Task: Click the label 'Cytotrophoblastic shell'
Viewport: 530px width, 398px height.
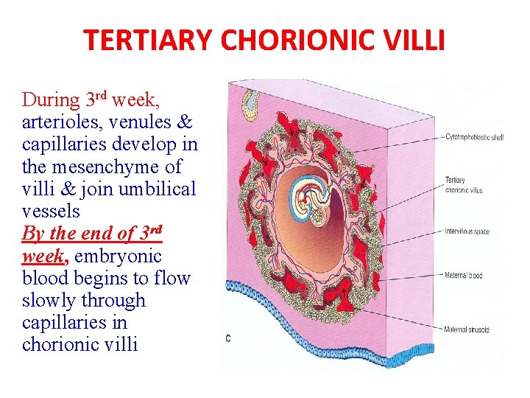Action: tap(476, 136)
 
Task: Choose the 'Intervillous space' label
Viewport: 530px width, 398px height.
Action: tap(467, 231)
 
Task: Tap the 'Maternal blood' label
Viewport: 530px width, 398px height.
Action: tap(463, 276)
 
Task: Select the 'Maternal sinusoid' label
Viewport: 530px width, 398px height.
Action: tap(467, 329)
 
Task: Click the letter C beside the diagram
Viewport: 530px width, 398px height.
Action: tap(227, 338)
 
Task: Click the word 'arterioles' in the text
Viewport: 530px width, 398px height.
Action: tap(55, 122)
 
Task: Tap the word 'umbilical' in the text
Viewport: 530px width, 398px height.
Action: tap(163, 189)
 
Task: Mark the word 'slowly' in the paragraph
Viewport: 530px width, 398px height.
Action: tap(48, 301)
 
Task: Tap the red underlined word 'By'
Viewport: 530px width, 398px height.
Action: tap(33, 234)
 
